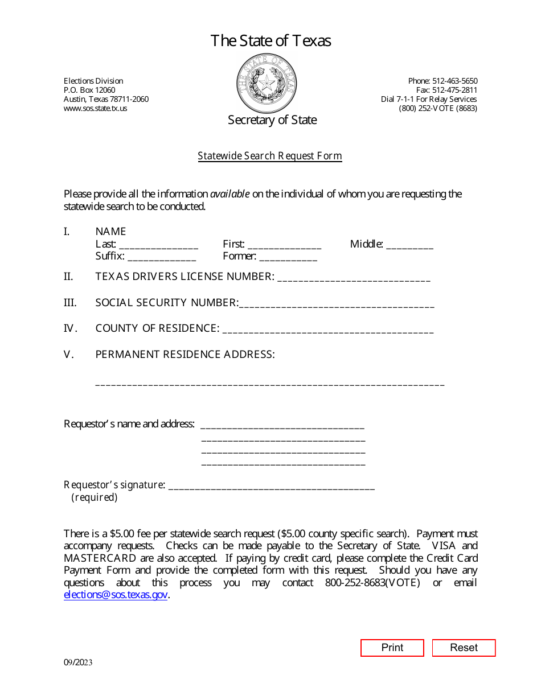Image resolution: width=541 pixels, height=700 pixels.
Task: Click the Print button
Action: (x=392, y=648)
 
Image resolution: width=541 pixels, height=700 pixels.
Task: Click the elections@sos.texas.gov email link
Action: (x=116, y=595)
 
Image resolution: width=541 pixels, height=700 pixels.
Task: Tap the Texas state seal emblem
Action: (x=267, y=84)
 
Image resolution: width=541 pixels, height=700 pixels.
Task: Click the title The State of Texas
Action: (x=270, y=41)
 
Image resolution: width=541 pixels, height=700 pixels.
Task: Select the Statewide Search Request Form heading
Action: (x=270, y=156)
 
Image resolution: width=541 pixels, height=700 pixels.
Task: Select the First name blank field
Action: (x=284, y=245)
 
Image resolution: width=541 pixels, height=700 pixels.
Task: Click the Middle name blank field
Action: (x=409, y=245)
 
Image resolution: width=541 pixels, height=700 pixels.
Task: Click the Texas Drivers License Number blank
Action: (x=354, y=278)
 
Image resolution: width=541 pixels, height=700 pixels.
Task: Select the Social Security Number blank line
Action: (x=337, y=304)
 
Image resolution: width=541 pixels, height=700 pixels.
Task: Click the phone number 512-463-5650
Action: (x=454, y=81)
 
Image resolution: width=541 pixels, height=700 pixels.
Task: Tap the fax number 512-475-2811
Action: (x=454, y=90)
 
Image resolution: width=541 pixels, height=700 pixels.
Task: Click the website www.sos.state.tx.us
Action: (x=96, y=108)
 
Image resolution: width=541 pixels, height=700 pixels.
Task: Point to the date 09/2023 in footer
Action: (x=78, y=662)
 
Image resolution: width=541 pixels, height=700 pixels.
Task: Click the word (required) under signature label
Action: (x=94, y=498)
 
